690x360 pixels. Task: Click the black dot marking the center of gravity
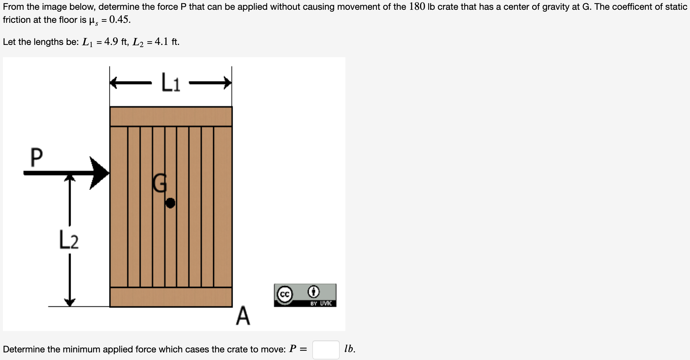click(170, 203)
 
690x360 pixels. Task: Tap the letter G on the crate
click(159, 183)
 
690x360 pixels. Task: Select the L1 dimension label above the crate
click(170, 83)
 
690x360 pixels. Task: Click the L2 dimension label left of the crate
click(68, 240)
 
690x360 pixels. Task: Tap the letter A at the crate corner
click(243, 316)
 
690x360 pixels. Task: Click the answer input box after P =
click(325, 349)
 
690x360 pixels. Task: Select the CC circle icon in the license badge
click(284, 294)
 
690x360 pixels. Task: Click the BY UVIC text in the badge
click(321, 304)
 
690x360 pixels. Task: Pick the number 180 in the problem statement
click(417, 7)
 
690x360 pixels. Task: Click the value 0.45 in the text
click(119, 20)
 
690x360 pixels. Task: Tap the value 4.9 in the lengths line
click(111, 42)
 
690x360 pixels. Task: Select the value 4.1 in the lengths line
click(161, 42)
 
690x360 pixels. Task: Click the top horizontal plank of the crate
click(171, 116)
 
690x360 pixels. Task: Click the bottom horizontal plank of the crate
click(171, 297)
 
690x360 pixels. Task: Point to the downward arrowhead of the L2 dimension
click(70, 302)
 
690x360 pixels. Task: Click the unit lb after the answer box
click(349, 349)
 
